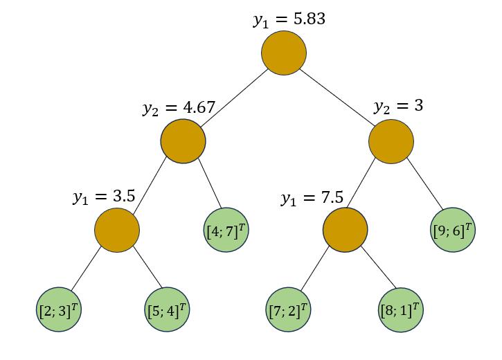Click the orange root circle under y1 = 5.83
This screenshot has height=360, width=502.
click(x=284, y=53)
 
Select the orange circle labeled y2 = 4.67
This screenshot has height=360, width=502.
click(x=183, y=141)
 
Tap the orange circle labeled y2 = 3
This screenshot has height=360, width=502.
click(x=391, y=141)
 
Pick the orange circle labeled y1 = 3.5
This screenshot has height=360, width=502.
click(x=117, y=230)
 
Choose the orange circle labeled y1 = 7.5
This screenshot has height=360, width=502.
click(x=346, y=230)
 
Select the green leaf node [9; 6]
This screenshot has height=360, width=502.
click(x=453, y=230)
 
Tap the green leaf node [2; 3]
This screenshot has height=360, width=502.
click(x=59, y=309)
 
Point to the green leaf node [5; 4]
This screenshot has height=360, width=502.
click(x=167, y=309)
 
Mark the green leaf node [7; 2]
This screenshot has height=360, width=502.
click(x=288, y=309)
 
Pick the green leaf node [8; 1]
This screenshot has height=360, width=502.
click(x=400, y=309)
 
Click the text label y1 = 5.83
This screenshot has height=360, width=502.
click(x=289, y=19)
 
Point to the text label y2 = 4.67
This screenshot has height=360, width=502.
click(x=179, y=108)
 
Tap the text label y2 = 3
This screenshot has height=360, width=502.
click(x=398, y=107)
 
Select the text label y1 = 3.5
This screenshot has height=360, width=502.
click(x=103, y=197)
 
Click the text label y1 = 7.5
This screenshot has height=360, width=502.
click(x=312, y=198)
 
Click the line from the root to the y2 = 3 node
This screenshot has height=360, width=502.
click(x=338, y=98)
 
